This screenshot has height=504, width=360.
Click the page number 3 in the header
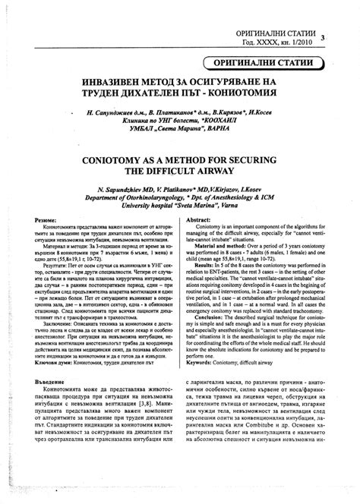pos(323,38)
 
